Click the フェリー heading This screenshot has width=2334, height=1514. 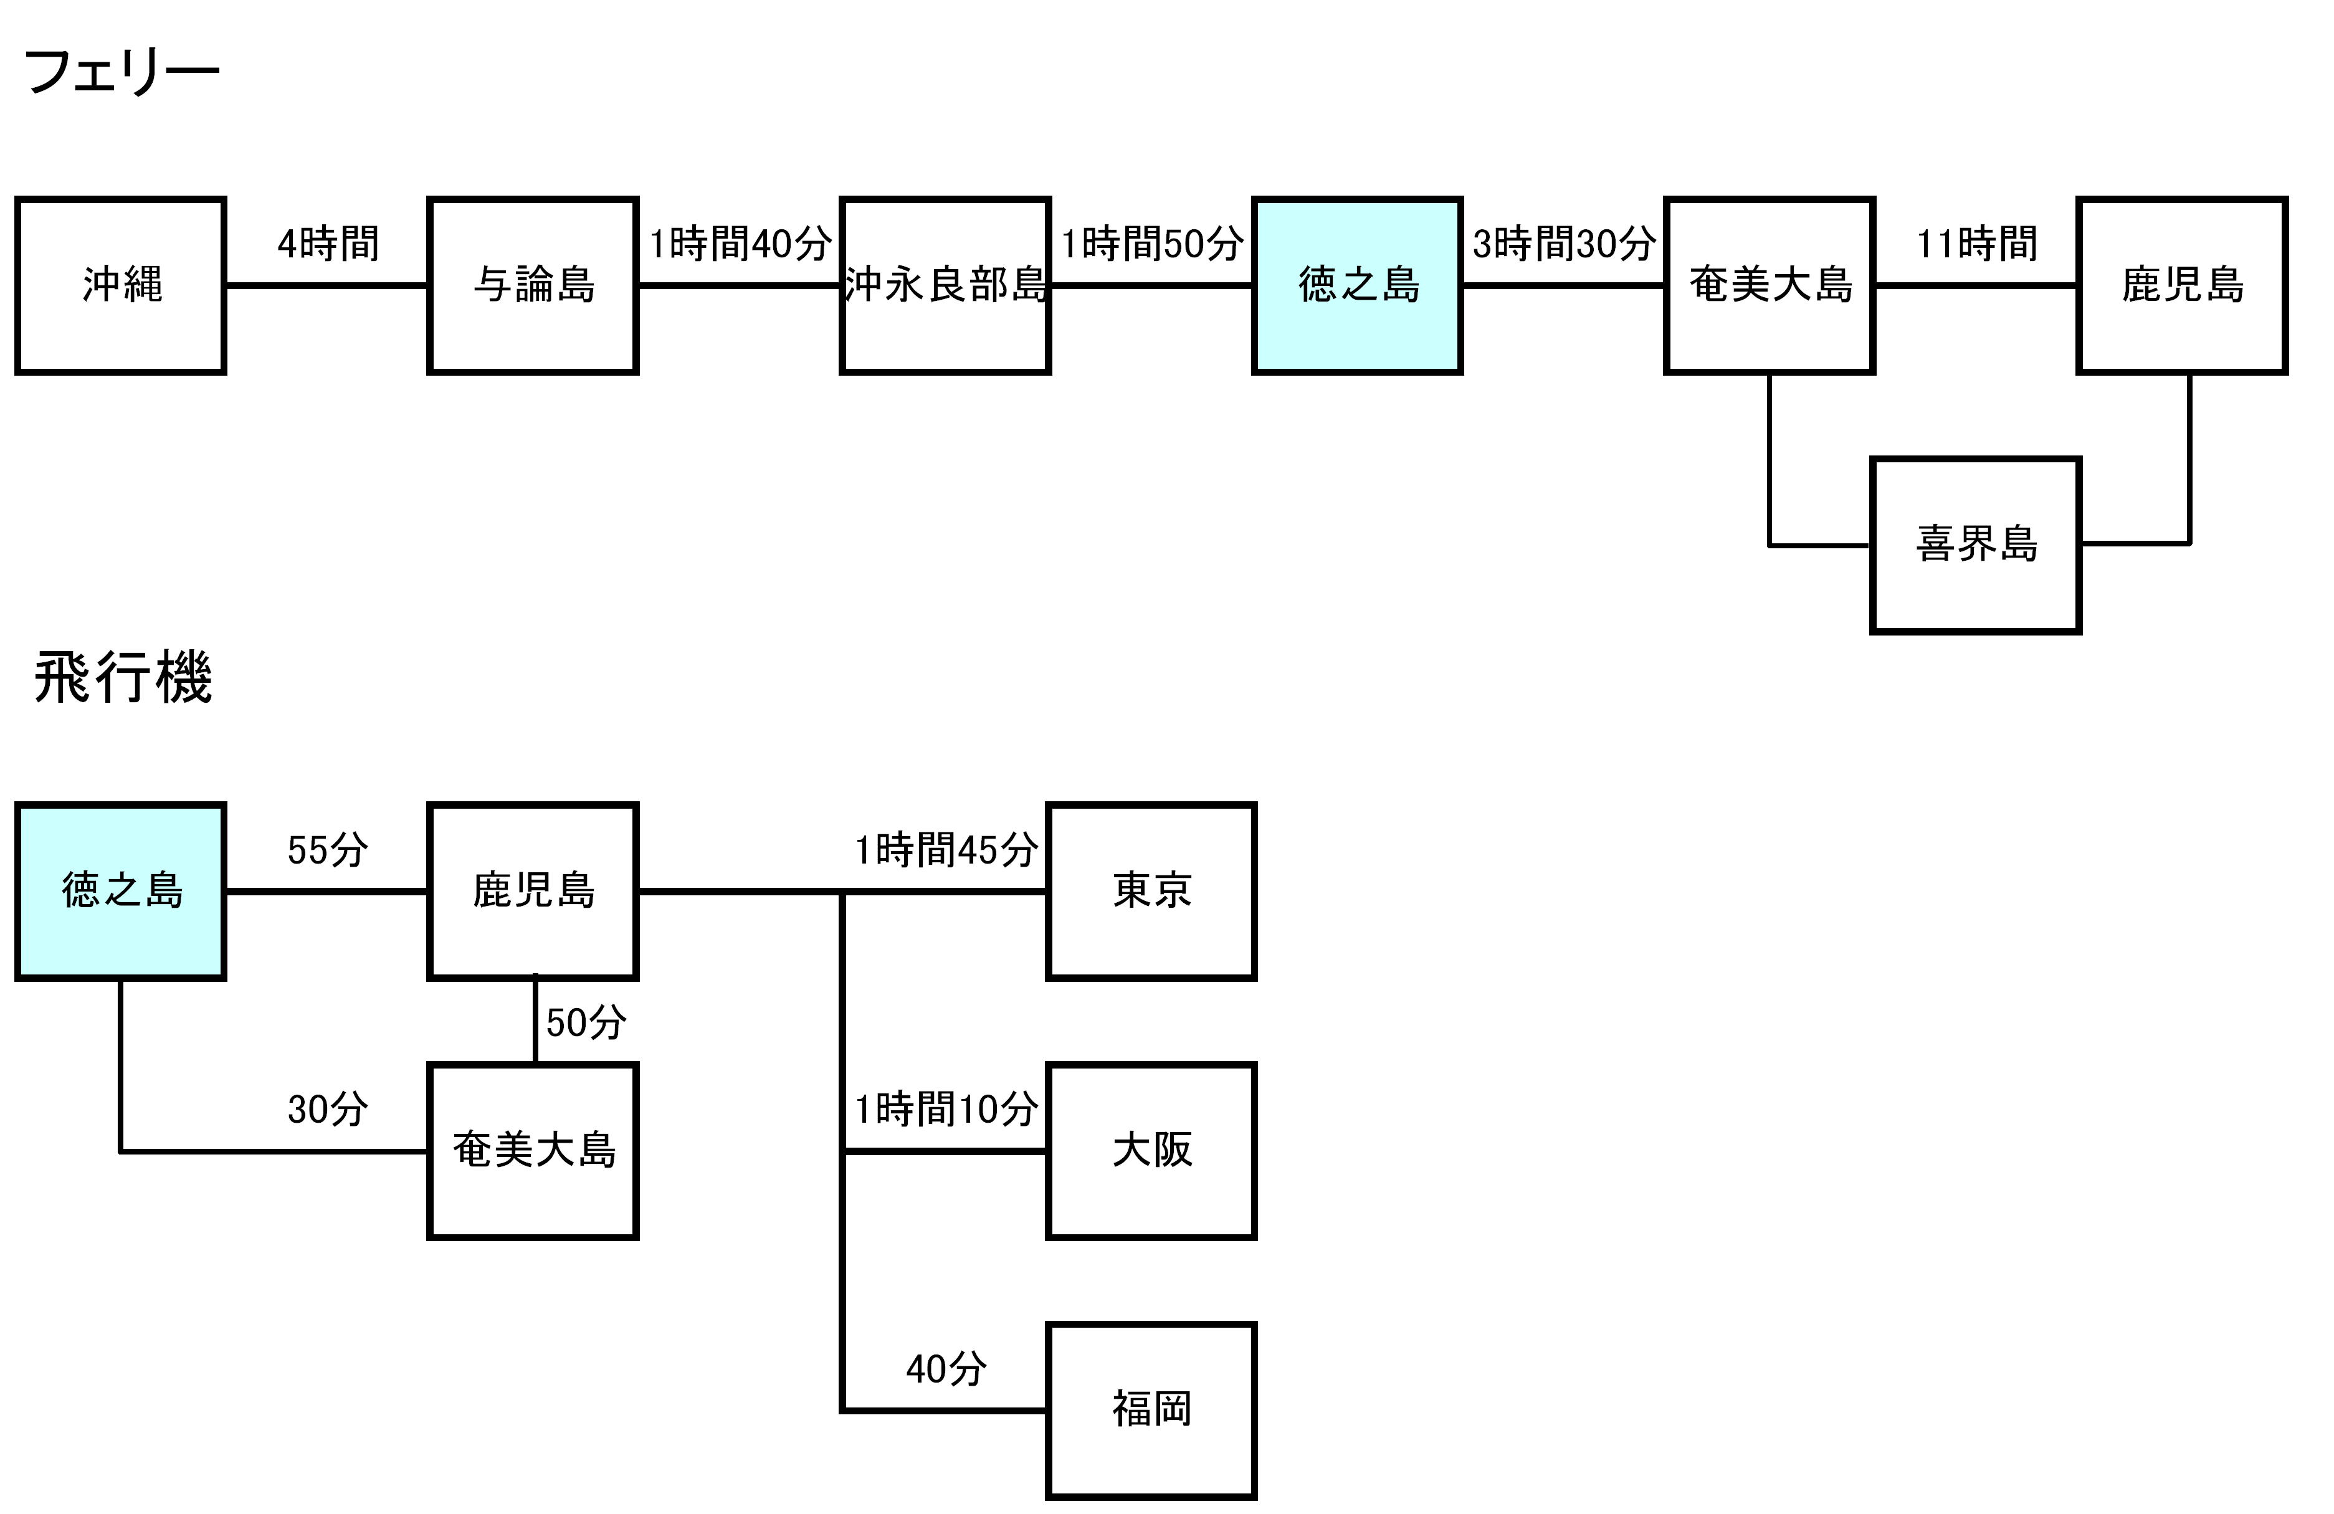click(121, 72)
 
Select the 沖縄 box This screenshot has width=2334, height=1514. click(121, 285)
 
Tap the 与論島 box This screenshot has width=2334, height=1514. click(533, 285)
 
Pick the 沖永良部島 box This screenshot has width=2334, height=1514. click(945, 285)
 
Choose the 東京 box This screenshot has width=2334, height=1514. click(1151, 892)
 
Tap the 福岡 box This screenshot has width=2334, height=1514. click(1151, 1410)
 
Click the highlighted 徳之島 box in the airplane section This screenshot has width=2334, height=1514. click(121, 892)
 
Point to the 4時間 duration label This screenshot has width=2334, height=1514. click(328, 243)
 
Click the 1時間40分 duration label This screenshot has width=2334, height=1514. click(740, 243)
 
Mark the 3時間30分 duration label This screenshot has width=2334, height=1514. click(1564, 243)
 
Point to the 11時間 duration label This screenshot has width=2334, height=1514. click(1976, 243)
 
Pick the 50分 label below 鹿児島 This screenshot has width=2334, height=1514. click(586, 1023)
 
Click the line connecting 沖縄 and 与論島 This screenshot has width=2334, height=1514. click(328, 285)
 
